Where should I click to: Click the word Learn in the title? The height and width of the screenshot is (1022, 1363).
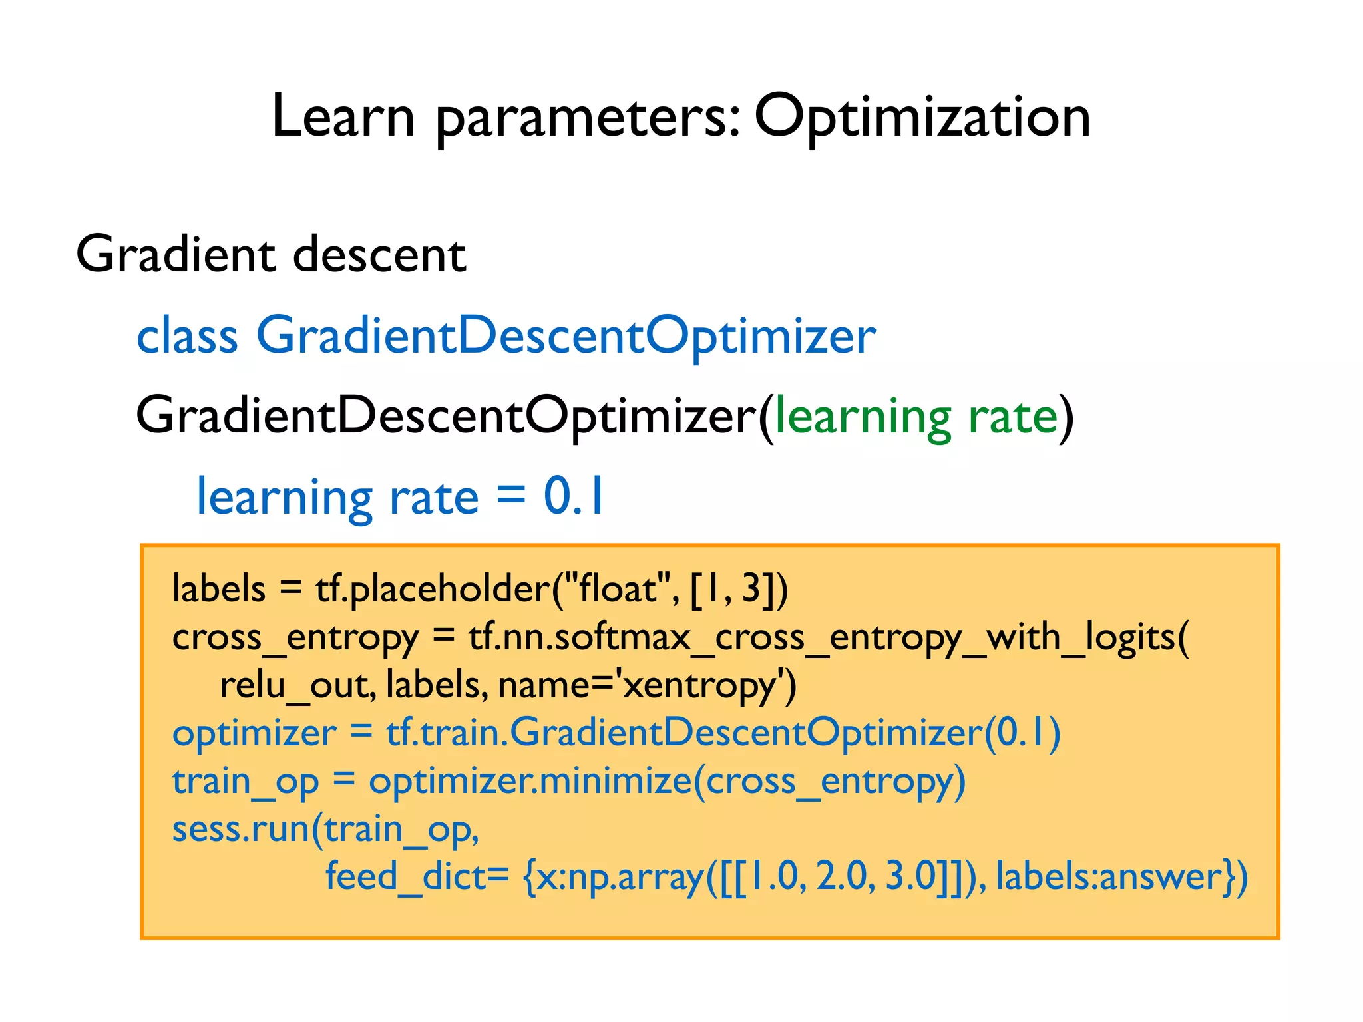343,117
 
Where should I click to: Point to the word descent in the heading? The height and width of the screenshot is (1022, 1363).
379,254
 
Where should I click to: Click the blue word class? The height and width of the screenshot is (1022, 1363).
187,335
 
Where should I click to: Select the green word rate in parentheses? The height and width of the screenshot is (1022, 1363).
1012,417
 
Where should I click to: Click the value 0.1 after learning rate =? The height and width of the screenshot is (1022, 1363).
574,496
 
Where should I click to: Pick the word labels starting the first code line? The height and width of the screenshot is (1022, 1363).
219,588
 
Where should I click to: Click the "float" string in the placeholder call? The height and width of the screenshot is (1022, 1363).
617,588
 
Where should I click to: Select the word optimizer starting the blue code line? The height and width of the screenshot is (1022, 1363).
254,733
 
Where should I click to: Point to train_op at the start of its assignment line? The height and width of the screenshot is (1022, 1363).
245,782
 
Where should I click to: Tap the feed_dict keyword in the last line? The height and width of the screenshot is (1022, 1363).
406,876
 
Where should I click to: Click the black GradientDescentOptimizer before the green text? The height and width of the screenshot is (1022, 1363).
446,416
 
